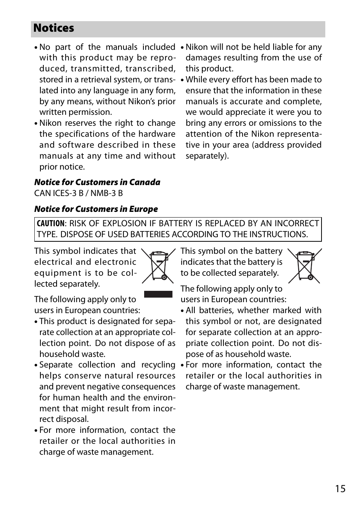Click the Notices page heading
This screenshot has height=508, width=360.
click(54, 28)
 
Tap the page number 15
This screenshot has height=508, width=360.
click(340, 489)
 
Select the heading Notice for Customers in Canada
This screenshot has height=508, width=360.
click(97, 182)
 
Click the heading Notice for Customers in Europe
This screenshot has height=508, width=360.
click(96, 209)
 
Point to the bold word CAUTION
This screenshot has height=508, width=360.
click(50, 224)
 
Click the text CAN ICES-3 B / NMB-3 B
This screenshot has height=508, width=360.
click(78, 193)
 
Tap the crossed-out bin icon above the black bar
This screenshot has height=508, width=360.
click(158, 266)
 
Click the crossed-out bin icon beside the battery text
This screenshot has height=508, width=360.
click(305, 266)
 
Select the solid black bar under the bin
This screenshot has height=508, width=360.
click(158, 294)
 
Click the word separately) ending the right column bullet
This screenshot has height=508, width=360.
click(207, 156)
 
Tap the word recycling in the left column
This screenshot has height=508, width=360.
click(158, 365)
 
